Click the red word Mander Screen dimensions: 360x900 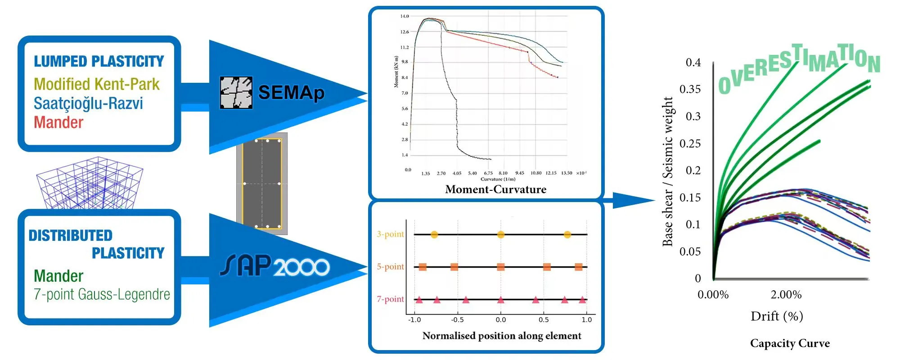tap(58, 122)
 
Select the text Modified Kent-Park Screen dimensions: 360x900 tap(96, 84)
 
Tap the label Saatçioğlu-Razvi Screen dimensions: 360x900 tap(88, 103)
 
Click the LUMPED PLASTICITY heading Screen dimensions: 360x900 tap(99, 61)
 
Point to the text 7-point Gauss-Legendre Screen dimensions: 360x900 tap(102, 294)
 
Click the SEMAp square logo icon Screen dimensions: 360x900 tap(236, 93)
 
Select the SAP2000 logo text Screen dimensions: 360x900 tap(274, 266)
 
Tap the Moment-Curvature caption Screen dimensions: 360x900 tap(495, 189)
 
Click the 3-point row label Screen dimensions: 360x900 tap(390, 234)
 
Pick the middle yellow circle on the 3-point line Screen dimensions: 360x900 tap(501, 234)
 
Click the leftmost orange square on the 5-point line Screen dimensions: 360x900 tap(423, 267)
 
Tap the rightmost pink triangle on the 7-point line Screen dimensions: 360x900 tap(582, 300)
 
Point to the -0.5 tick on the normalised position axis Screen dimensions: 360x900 tap(457, 320)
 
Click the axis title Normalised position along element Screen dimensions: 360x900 tap(501, 336)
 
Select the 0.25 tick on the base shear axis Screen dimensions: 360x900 tap(690, 144)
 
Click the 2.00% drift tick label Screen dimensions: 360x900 tap(786, 295)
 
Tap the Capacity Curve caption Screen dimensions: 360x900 tap(790, 343)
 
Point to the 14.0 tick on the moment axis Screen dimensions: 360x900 tap(405, 16)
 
